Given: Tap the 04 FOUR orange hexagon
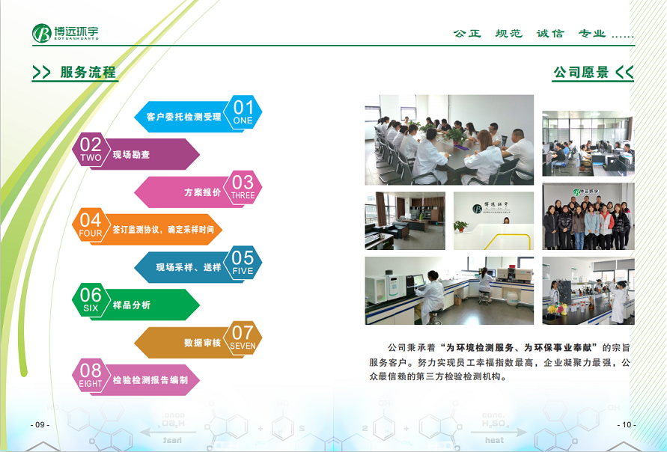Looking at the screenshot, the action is (91, 225).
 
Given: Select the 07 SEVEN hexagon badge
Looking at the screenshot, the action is (243, 338).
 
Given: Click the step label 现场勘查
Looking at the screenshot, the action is (131, 155).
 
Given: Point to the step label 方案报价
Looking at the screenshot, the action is (202, 192).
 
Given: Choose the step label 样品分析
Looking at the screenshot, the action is (132, 305).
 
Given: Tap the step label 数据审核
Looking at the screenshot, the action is (202, 343).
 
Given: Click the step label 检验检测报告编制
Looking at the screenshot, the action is (150, 380).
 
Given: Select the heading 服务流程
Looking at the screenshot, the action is (88, 72).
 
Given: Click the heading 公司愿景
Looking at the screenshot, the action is (581, 72).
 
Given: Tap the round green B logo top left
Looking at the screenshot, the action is (42, 33).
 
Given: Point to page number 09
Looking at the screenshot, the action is (40, 424).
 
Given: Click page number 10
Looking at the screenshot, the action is (627, 424).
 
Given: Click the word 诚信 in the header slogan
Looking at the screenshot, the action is (550, 33).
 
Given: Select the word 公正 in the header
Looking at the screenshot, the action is (467, 33).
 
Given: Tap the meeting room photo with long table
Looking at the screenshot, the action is (449, 140).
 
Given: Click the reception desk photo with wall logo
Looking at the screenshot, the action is (493, 221).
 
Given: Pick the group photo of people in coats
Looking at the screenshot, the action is (588, 216).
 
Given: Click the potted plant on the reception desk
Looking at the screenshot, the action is (460, 226).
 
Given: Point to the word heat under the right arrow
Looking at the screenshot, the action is (494, 440).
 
